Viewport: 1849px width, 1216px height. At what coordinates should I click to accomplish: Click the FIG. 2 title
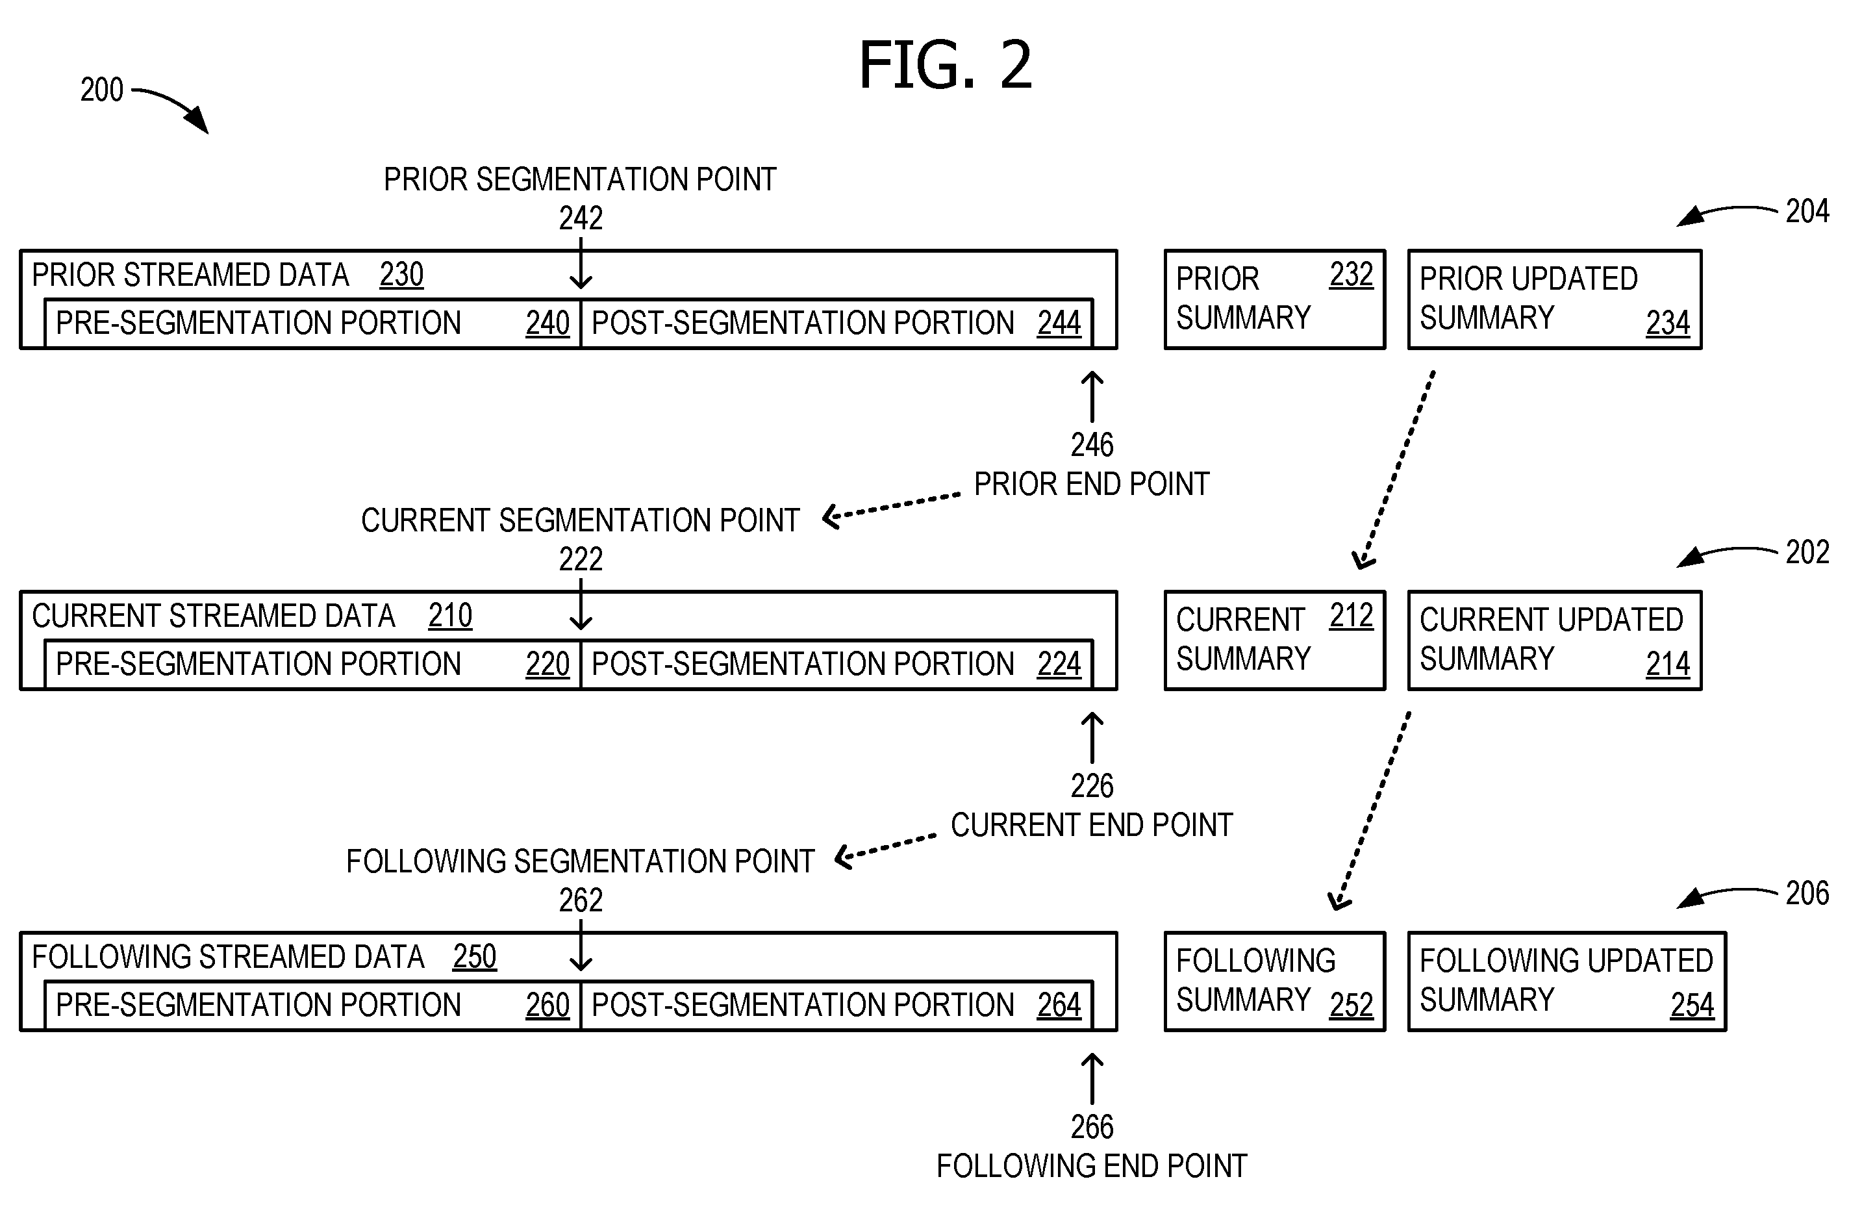[x=946, y=64]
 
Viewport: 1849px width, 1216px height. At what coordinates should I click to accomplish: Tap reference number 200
[x=102, y=90]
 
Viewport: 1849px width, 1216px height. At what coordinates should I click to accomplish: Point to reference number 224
[x=1059, y=665]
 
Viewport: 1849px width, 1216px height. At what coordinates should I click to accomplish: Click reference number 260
[x=547, y=1006]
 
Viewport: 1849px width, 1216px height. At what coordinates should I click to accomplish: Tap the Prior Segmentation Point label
[x=581, y=179]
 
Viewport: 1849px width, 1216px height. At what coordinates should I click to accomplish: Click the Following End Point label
[x=1092, y=1166]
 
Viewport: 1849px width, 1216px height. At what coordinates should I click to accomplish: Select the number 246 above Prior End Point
[x=1092, y=445]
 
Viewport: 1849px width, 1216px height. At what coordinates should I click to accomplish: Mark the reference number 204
[x=1807, y=211]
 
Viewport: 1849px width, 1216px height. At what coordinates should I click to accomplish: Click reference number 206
[x=1807, y=894]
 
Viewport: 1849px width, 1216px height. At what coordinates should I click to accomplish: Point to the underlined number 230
[x=401, y=275]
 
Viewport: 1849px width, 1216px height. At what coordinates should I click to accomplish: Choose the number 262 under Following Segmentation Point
[x=581, y=900]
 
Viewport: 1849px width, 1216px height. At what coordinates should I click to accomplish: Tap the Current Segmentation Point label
[x=581, y=520]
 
